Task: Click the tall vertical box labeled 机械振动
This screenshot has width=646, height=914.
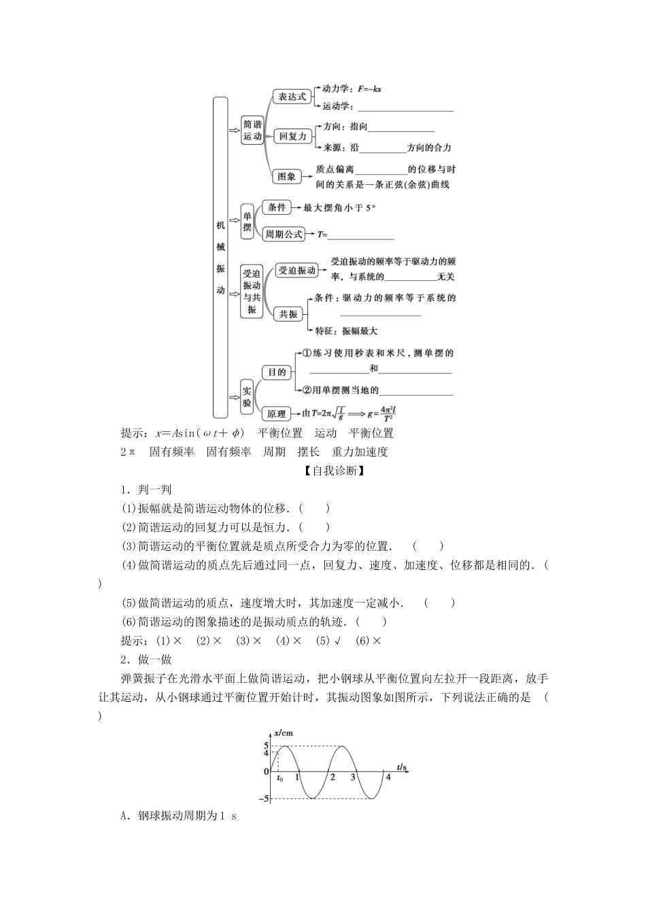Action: point(220,257)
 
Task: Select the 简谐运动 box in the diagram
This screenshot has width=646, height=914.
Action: point(252,131)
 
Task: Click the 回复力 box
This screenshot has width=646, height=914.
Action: point(293,136)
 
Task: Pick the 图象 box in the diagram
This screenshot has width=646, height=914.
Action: point(287,176)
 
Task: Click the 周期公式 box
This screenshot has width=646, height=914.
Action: point(284,234)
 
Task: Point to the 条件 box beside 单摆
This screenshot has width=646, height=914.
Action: point(276,207)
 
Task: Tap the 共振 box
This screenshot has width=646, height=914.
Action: point(288,314)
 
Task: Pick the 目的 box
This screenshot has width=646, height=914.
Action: point(277,373)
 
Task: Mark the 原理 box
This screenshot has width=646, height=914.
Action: point(277,413)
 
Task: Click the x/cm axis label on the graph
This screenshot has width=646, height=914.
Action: point(284,733)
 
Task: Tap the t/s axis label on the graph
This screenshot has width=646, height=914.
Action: point(402,767)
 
